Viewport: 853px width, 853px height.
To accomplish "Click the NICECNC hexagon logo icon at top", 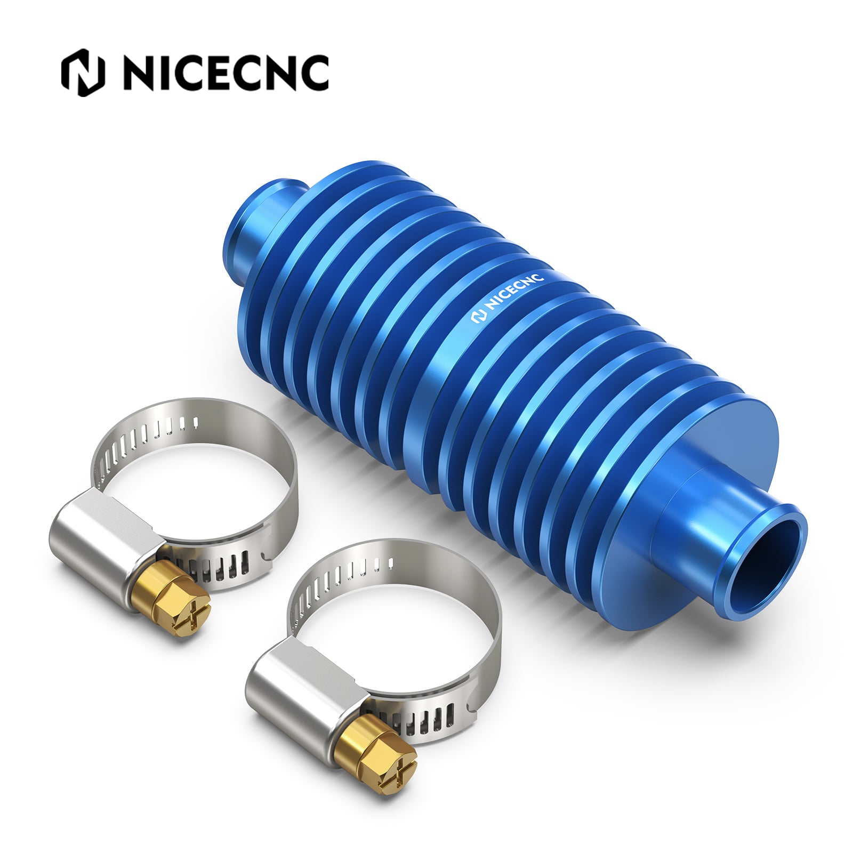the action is coord(83,73).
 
